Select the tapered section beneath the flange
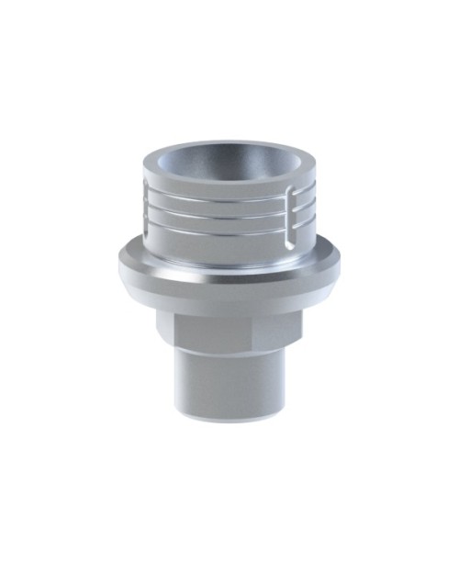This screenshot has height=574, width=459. pyautogui.click(x=229, y=300)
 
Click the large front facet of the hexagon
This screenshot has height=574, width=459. pyautogui.click(x=229, y=329)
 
